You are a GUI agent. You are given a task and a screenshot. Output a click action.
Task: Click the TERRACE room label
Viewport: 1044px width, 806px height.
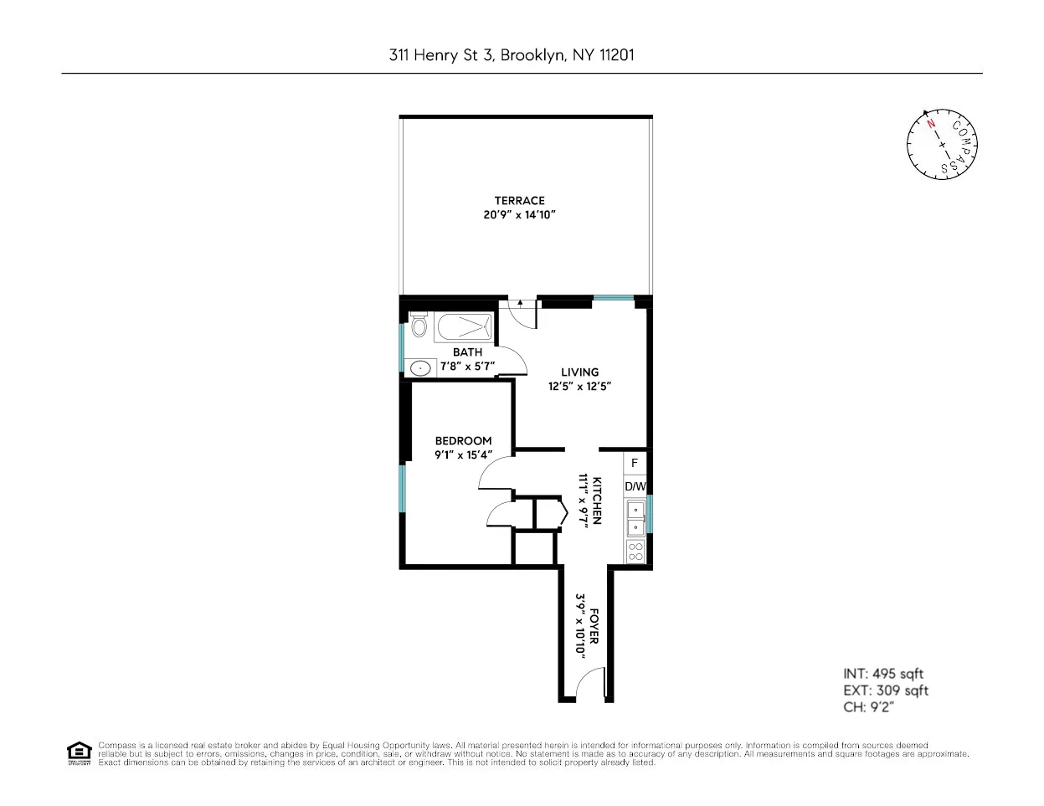(x=519, y=200)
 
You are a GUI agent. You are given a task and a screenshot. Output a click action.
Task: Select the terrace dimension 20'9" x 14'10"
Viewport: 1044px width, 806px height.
(x=519, y=215)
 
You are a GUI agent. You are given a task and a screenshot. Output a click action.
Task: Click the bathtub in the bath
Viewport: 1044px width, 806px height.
(x=464, y=326)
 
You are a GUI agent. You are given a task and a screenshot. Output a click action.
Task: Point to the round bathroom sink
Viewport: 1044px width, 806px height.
(x=419, y=367)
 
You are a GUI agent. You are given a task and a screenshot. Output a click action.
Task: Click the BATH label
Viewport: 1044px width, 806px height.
(x=467, y=352)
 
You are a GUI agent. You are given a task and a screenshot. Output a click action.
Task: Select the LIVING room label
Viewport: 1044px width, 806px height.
(x=579, y=372)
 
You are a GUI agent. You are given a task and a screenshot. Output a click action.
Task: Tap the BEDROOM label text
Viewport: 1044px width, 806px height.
(x=463, y=441)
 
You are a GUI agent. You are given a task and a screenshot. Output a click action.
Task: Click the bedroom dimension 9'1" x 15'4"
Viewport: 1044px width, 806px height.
(x=463, y=455)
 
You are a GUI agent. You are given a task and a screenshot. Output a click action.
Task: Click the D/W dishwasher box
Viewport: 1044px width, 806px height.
(x=635, y=486)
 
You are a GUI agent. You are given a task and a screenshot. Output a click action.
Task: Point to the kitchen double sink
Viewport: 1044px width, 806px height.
(x=635, y=517)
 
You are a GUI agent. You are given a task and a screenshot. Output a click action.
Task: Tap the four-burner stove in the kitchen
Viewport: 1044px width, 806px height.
(x=635, y=551)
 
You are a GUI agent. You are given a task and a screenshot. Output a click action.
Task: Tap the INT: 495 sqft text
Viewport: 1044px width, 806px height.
(x=882, y=674)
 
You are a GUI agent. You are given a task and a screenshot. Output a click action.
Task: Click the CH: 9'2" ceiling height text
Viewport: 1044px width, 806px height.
(x=869, y=708)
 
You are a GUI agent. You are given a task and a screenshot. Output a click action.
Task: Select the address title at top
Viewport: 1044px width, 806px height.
(x=512, y=55)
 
